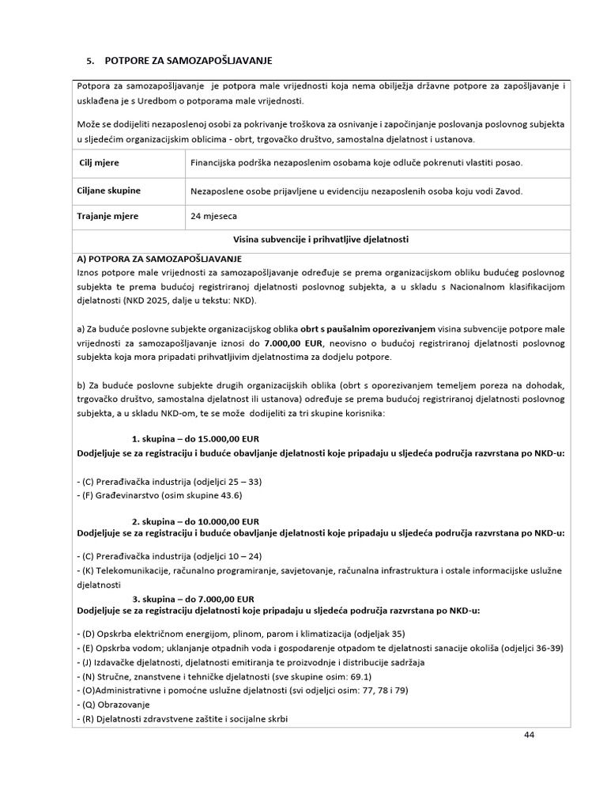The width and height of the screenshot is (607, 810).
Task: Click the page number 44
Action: (529, 735)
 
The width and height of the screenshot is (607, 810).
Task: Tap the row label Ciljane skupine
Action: (109, 191)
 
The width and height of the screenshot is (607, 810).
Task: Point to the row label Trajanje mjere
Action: (110, 215)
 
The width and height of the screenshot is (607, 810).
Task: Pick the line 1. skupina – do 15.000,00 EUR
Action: (195, 438)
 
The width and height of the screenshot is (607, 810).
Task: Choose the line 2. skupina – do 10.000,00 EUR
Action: (195, 521)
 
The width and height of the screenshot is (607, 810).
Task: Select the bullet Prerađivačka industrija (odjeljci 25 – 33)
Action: (171, 481)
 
